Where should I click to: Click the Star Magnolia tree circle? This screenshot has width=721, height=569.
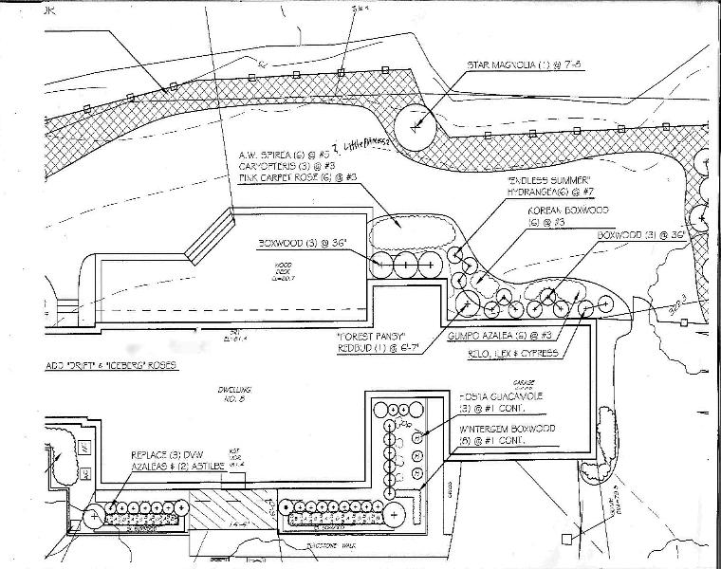point(416,125)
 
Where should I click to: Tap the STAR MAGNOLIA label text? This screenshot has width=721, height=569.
point(516,66)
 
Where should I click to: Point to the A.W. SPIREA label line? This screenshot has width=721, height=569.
point(281,152)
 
